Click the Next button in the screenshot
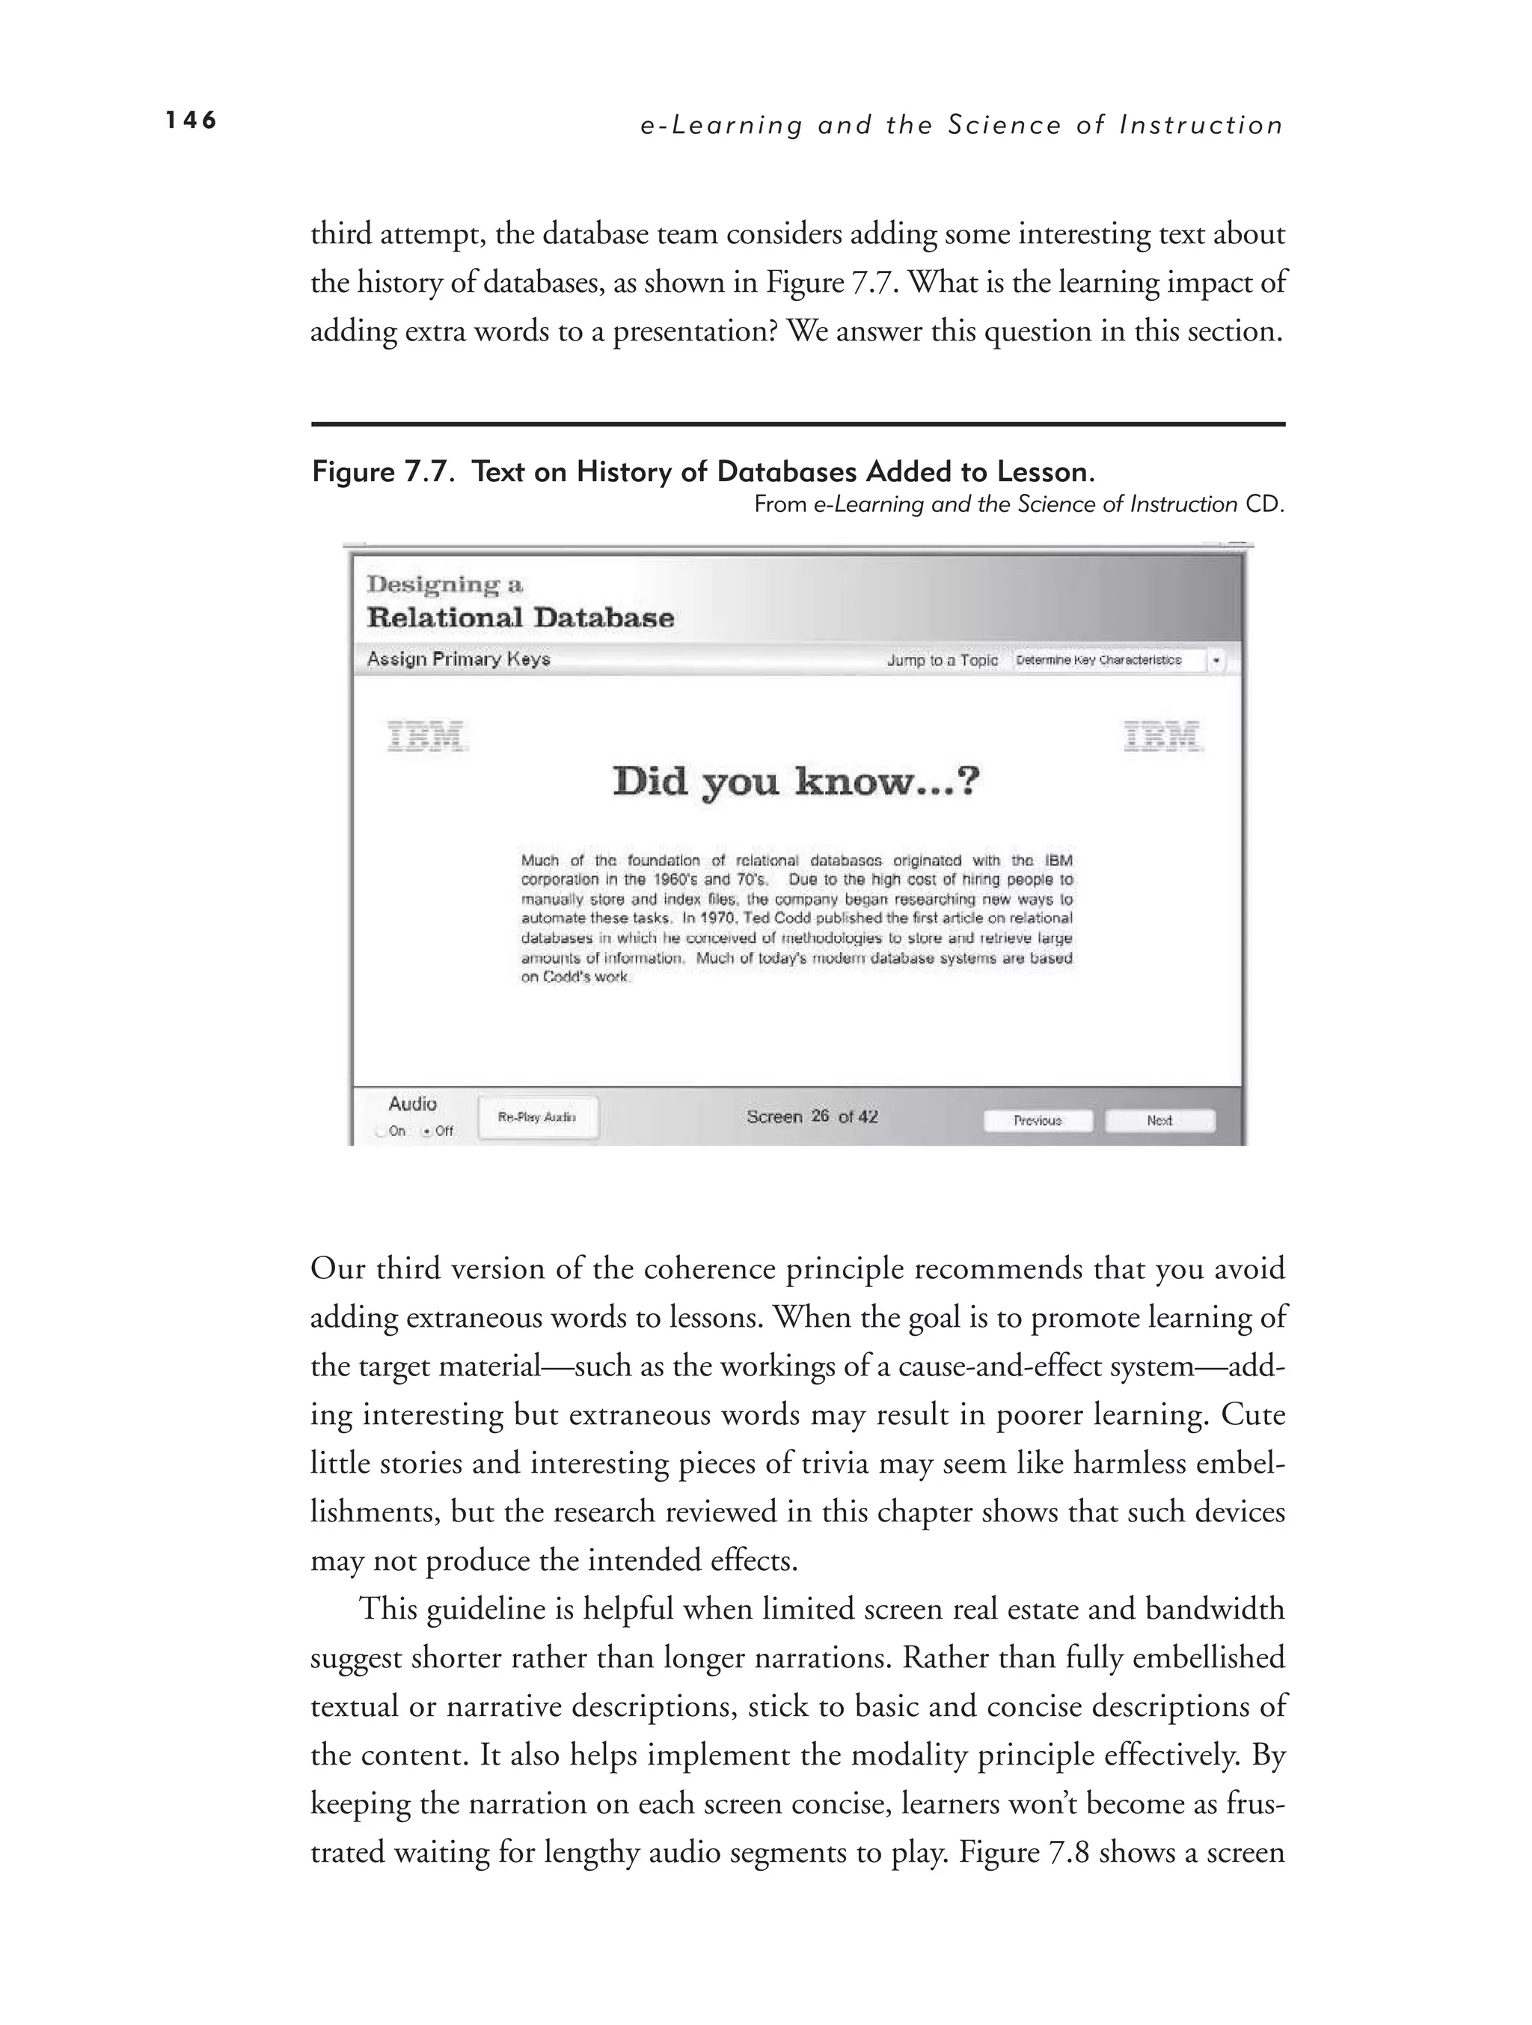pyautogui.click(x=1159, y=1120)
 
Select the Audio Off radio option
pyautogui.click(x=426, y=1131)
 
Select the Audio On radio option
pyautogui.click(x=381, y=1131)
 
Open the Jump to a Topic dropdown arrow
pyautogui.click(x=1216, y=660)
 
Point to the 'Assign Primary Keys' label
pyautogui.click(x=459, y=659)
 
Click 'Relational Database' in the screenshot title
pyautogui.click(x=520, y=618)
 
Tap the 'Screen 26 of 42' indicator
pyautogui.click(x=812, y=1117)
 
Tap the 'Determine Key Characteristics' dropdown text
pyautogui.click(x=1098, y=660)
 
